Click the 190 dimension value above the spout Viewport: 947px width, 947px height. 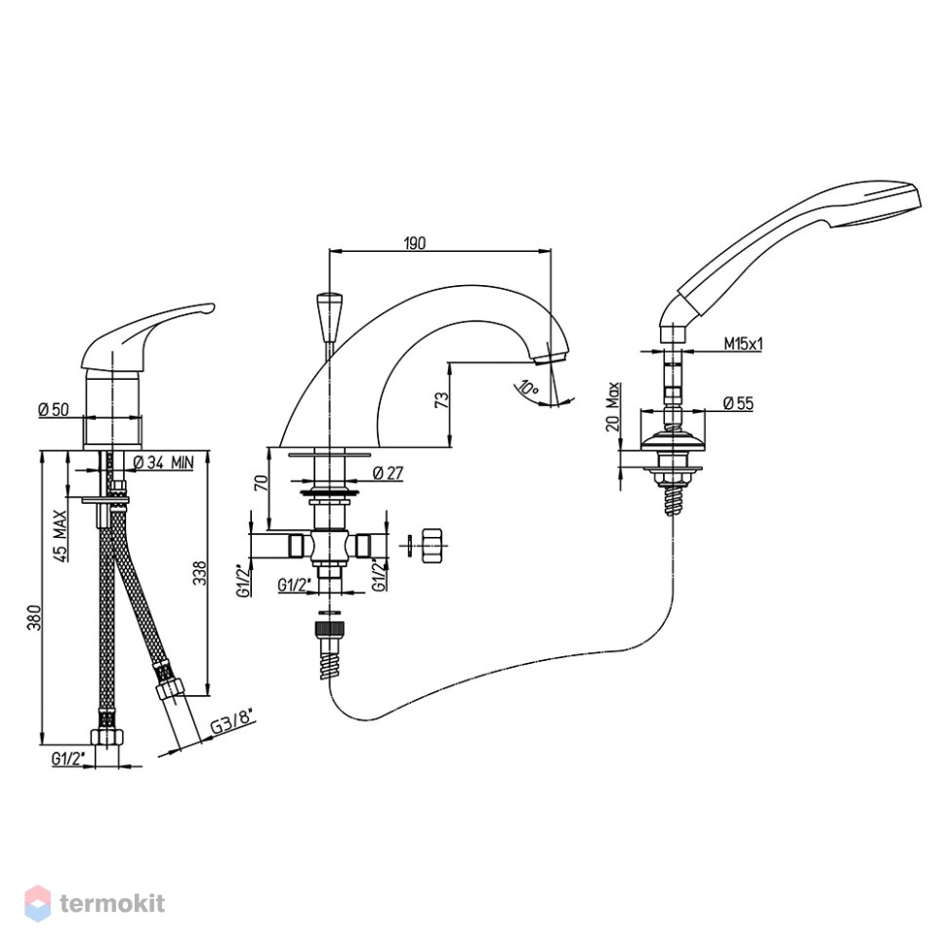point(414,243)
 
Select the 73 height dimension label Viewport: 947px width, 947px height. point(442,400)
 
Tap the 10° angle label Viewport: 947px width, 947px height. point(528,389)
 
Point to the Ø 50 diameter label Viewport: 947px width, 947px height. point(54,409)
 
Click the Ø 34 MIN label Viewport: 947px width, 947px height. point(162,463)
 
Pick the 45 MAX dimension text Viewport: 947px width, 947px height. point(60,536)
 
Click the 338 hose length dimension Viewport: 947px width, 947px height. point(199,574)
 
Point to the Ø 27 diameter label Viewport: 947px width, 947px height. point(388,473)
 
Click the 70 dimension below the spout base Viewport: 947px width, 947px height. point(261,482)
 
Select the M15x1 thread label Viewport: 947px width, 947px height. point(744,345)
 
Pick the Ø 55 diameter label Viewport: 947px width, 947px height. point(738,403)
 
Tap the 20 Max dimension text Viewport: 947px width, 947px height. point(613,406)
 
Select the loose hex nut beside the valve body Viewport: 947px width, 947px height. point(432,546)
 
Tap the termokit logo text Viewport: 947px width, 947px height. point(112,903)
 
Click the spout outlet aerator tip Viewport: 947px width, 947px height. point(551,358)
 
